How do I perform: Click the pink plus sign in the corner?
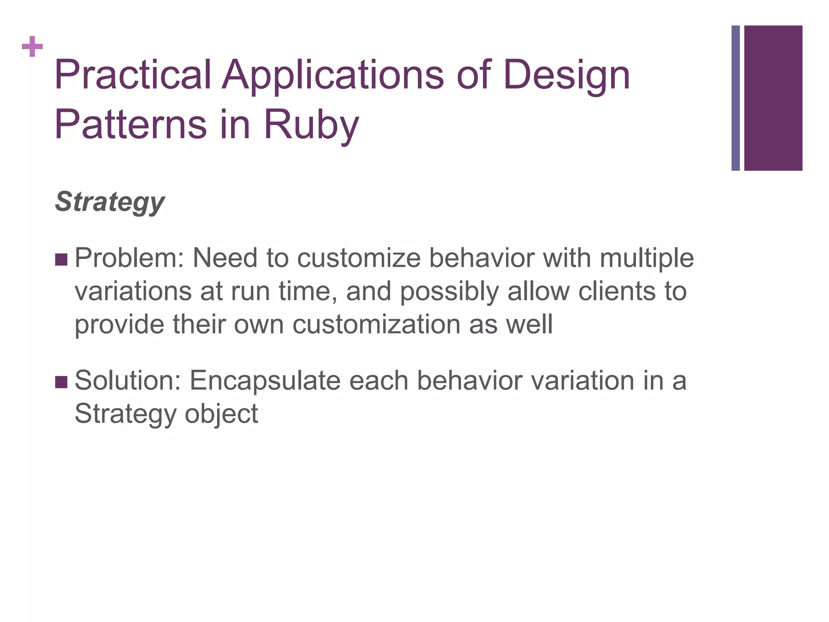click(x=32, y=47)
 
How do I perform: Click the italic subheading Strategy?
click(x=110, y=202)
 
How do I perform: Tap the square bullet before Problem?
click(x=61, y=260)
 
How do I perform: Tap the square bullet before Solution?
click(x=61, y=382)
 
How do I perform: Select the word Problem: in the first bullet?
click(x=130, y=258)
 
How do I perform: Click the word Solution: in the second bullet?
click(x=128, y=381)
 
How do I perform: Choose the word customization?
click(x=376, y=325)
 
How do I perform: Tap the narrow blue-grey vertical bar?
click(x=735, y=98)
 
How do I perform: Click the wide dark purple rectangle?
click(x=773, y=98)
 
